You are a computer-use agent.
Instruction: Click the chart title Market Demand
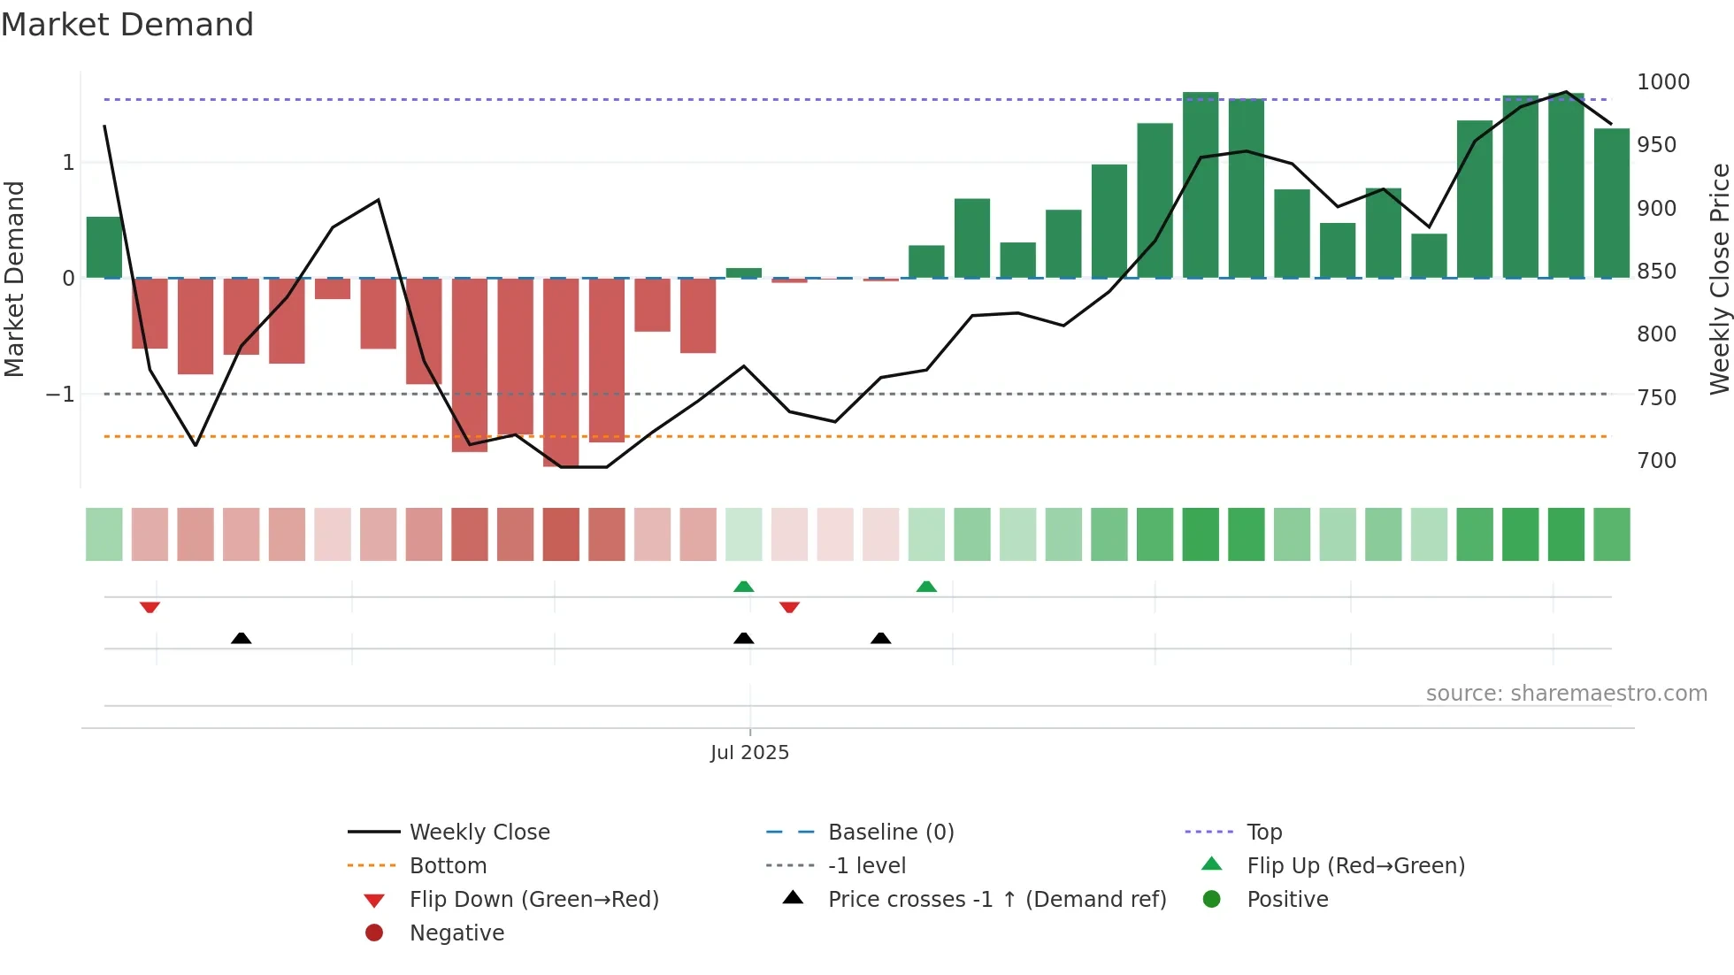tap(127, 25)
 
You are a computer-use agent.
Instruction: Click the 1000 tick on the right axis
tap(1662, 82)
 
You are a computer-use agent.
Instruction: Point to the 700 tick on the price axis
tap(1656, 461)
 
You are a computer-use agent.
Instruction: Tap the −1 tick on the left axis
tap(60, 395)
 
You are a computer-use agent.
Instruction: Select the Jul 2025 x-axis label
tap(749, 753)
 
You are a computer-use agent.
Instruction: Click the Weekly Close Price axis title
tap(1719, 279)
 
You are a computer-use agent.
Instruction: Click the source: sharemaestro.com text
tap(1566, 694)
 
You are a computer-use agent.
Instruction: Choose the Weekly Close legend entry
tap(479, 833)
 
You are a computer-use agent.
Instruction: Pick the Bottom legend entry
tap(448, 866)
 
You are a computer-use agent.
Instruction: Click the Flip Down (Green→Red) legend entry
tap(533, 900)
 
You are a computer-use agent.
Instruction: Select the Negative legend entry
tap(457, 933)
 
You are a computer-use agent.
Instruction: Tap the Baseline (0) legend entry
tap(890, 833)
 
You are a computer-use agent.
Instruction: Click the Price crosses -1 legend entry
tap(996, 900)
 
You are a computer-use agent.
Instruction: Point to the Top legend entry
tap(1263, 833)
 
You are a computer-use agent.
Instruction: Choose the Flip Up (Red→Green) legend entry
tap(1355, 866)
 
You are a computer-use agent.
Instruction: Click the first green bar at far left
tap(104, 248)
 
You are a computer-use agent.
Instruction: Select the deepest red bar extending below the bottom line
tap(561, 372)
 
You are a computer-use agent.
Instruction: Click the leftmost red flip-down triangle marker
tap(150, 607)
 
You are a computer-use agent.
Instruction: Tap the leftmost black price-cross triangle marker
tap(241, 638)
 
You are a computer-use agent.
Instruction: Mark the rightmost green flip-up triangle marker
tap(926, 587)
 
